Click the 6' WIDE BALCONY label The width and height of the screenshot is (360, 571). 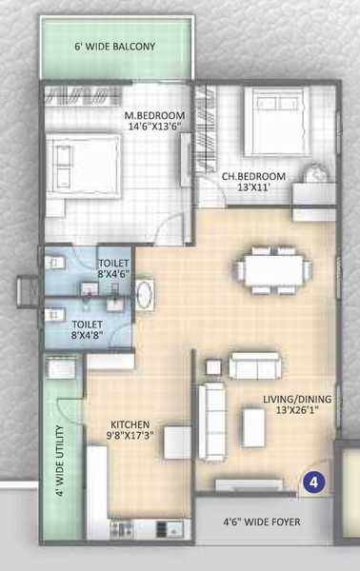pos(115,47)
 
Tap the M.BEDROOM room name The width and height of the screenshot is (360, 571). pos(154,115)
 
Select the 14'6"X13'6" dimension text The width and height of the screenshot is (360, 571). pos(155,127)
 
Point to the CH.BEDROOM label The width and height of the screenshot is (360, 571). pos(253,177)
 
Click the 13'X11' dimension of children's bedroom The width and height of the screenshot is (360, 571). pos(253,187)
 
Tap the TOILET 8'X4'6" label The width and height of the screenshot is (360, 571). pos(113,268)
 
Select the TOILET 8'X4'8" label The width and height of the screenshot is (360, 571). pos(87,329)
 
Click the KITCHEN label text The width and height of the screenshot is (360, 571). pos(130,424)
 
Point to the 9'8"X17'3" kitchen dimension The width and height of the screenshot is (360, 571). pos(131,435)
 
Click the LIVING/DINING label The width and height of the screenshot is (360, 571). pos(297,399)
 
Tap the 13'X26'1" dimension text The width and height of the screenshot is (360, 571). pos(297,410)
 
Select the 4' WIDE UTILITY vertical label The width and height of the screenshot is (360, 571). pos(61,461)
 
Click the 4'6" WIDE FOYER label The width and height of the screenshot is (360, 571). pos(262,522)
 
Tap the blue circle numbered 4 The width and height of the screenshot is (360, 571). pos(313,482)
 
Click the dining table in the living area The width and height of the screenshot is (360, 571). pos(274,270)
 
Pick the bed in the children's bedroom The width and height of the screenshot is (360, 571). pos(277,121)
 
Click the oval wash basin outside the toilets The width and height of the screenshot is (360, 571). pos(145,295)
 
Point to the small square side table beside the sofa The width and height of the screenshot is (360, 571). pos(213,367)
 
